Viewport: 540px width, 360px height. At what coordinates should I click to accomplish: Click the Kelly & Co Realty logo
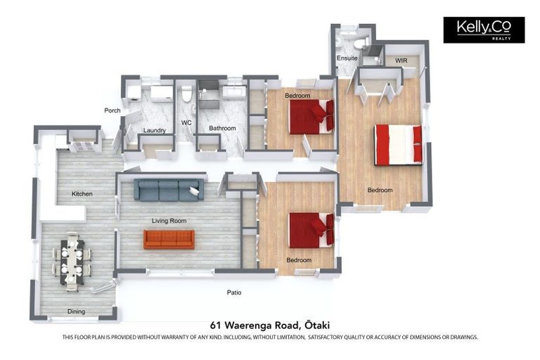click(483, 30)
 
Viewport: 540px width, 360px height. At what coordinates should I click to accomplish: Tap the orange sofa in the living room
click(169, 239)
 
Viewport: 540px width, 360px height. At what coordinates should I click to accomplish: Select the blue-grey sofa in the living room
click(169, 189)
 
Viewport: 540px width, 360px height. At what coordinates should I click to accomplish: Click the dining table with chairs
click(72, 262)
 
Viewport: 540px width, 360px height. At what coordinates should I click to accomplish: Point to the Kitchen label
click(82, 194)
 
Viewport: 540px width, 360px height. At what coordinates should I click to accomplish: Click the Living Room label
click(169, 221)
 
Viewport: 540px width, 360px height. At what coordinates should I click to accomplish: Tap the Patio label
click(234, 292)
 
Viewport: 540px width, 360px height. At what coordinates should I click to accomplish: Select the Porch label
click(112, 110)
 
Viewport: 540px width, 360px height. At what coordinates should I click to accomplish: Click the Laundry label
click(154, 130)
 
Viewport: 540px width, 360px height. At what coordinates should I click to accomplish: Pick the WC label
click(186, 123)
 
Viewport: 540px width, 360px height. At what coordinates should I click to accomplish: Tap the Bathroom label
click(222, 129)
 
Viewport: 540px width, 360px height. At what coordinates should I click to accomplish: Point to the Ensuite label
click(347, 58)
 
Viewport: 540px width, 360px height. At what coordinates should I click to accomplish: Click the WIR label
click(401, 60)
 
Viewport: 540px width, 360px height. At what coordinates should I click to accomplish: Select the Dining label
click(76, 311)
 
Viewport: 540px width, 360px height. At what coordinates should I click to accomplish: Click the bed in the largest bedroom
click(398, 144)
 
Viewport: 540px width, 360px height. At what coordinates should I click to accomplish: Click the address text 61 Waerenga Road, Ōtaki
click(270, 325)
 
